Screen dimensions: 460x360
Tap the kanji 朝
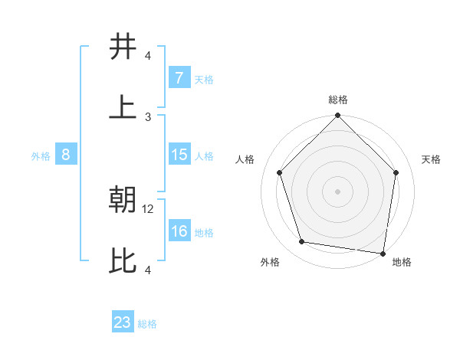(123, 201)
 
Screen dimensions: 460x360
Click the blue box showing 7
(179, 78)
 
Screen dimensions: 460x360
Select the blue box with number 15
(179, 155)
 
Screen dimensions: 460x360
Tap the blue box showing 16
(179, 231)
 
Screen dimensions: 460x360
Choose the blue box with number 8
(66, 155)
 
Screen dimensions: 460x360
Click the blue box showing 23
(123, 322)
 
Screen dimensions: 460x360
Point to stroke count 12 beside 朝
(149, 208)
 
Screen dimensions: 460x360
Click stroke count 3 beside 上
(149, 116)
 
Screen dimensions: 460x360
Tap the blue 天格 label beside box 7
(204, 79)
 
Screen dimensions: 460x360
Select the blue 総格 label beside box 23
(147, 323)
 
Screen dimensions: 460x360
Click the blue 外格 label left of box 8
(41, 155)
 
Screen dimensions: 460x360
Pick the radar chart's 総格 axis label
(338, 100)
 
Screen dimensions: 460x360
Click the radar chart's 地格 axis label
(402, 262)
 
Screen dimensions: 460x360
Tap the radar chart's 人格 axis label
(245, 159)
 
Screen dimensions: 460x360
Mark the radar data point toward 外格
(302, 242)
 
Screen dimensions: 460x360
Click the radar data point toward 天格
(396, 172)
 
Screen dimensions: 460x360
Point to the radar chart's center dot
(338, 191)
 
